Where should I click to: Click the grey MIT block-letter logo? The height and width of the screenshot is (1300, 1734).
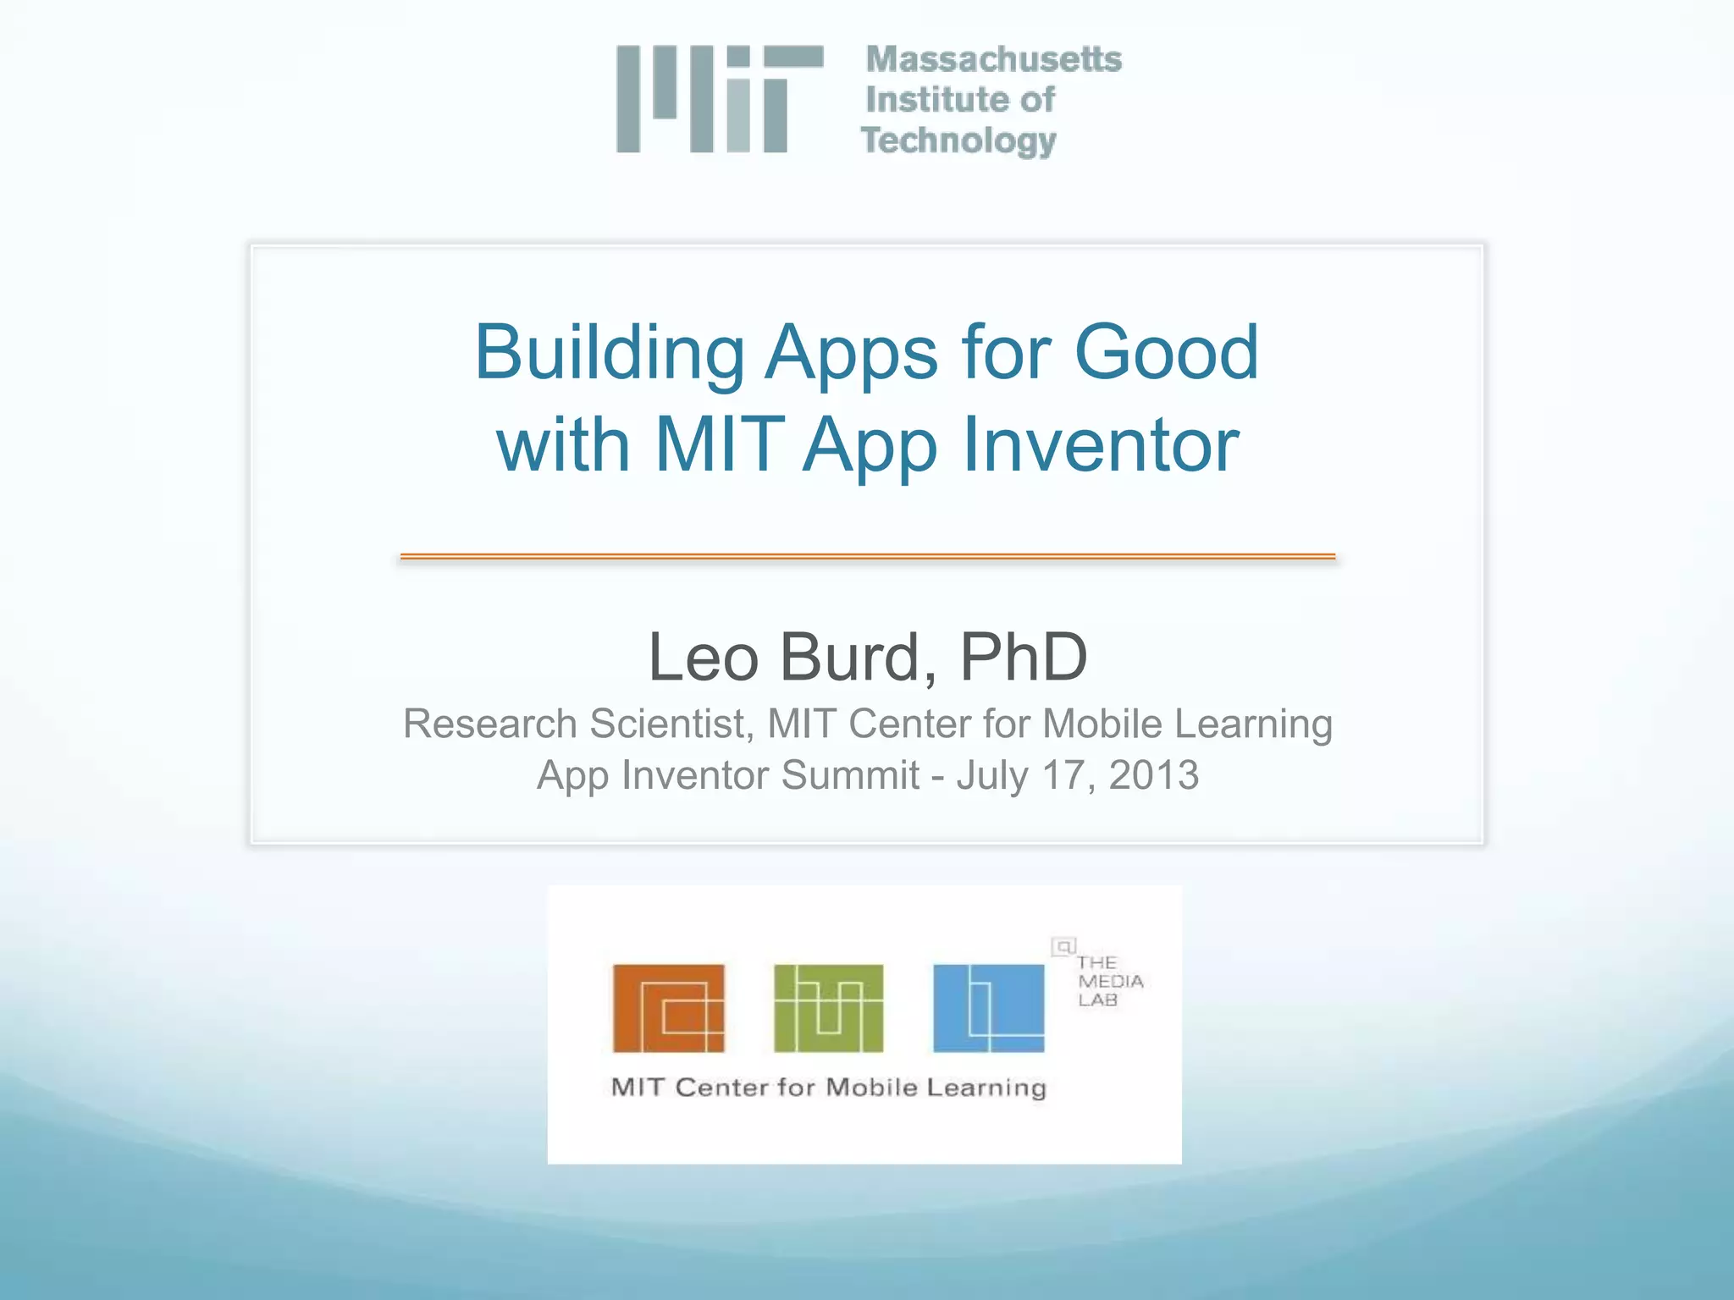tap(720, 99)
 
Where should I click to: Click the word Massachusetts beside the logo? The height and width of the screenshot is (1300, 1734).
tap(993, 59)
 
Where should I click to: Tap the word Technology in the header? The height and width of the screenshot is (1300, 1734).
tap(958, 140)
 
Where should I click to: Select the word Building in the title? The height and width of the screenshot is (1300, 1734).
tap(610, 353)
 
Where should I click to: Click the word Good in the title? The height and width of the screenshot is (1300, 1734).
tap(1166, 353)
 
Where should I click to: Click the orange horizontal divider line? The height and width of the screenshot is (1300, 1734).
tap(867, 556)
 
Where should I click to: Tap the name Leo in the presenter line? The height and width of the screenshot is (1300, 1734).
tap(703, 658)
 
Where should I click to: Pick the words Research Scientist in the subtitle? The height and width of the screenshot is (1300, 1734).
tap(576, 724)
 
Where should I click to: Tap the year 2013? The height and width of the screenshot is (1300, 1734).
tap(1153, 775)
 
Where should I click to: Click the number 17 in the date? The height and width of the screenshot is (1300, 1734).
tap(1064, 775)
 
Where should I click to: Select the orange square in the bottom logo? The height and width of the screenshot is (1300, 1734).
tap(669, 1008)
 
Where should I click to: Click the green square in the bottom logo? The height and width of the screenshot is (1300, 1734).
tap(828, 1008)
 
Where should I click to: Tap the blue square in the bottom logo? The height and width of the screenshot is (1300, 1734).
tap(988, 1008)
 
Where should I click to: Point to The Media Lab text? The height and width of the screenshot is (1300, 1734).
tap(1109, 982)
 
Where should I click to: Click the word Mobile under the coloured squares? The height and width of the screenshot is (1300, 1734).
tap(871, 1088)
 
